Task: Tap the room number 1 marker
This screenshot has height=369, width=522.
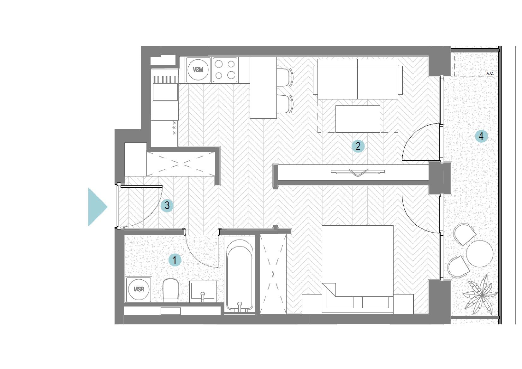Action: (175, 260)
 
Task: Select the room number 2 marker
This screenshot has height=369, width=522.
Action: (358, 146)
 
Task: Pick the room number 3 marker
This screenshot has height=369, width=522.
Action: (167, 205)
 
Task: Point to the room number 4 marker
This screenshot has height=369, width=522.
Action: (481, 136)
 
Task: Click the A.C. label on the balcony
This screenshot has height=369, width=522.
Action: (490, 73)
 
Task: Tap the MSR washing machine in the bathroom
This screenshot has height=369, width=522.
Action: (139, 289)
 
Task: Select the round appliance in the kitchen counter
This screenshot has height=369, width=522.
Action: (198, 69)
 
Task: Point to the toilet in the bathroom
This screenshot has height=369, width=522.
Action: (170, 290)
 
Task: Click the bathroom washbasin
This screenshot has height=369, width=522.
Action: (203, 291)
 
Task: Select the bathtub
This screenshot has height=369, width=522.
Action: (240, 276)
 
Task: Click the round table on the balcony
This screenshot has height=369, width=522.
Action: (480, 253)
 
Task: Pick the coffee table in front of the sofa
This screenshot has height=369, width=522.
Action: (358, 119)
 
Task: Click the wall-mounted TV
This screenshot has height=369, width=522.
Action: (358, 172)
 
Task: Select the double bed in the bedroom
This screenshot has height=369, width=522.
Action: (358, 270)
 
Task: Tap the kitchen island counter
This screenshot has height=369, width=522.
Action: (263, 88)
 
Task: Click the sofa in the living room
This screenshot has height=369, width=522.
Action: (358, 79)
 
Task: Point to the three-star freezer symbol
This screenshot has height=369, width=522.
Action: (174, 128)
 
